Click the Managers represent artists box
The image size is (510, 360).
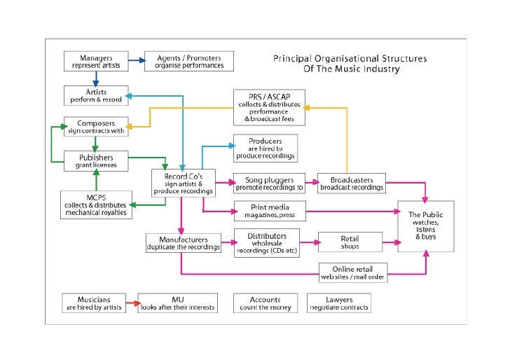(96, 61)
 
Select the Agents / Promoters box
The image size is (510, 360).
(189, 61)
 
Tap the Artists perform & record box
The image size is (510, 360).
(96, 95)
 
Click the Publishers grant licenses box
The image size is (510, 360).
(96, 161)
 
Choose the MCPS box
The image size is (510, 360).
(96, 204)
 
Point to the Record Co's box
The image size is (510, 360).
(184, 182)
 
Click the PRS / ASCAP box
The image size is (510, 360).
(270, 107)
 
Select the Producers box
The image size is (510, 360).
(265, 148)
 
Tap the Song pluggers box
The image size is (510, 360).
(269, 182)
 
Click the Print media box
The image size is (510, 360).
(269, 211)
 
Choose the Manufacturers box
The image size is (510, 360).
(184, 243)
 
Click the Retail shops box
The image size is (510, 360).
(350, 242)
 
